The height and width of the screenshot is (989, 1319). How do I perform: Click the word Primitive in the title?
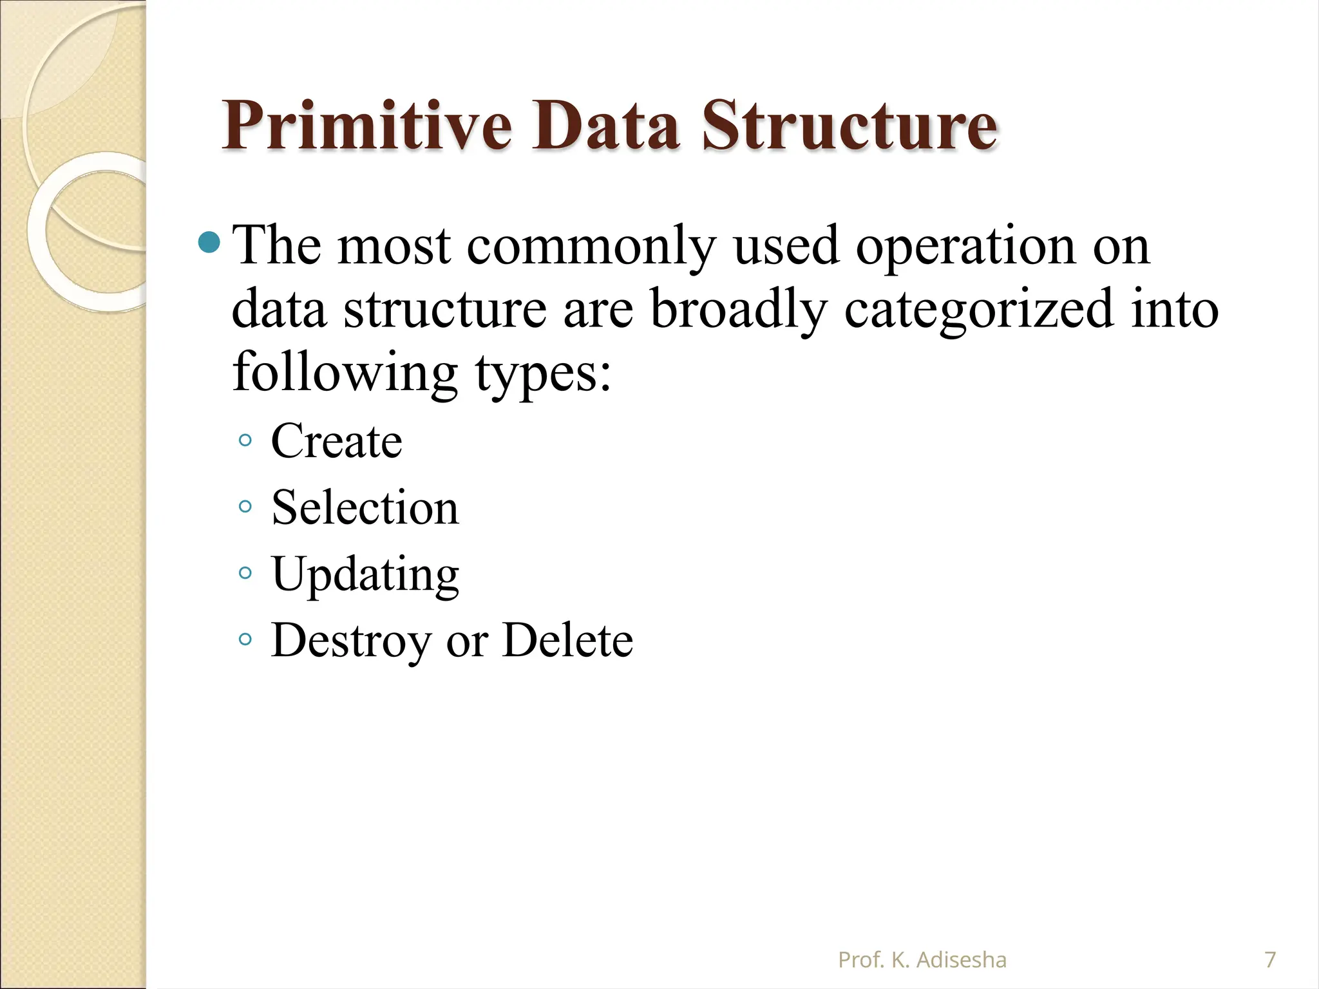click(x=367, y=126)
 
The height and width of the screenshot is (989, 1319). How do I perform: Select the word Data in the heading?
click(x=605, y=126)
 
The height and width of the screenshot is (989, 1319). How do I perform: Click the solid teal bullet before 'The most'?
click(x=209, y=243)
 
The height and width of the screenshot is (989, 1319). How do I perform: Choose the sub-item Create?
click(x=336, y=442)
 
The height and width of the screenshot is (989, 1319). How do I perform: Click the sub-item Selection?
click(x=365, y=508)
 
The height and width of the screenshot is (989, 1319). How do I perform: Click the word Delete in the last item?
click(x=567, y=641)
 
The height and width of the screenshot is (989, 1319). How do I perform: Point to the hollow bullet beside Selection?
click(x=245, y=507)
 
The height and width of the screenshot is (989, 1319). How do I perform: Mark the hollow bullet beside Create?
click(x=245, y=440)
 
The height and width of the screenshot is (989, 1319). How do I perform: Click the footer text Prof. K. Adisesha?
click(x=922, y=960)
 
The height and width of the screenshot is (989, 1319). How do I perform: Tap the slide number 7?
click(x=1270, y=960)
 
